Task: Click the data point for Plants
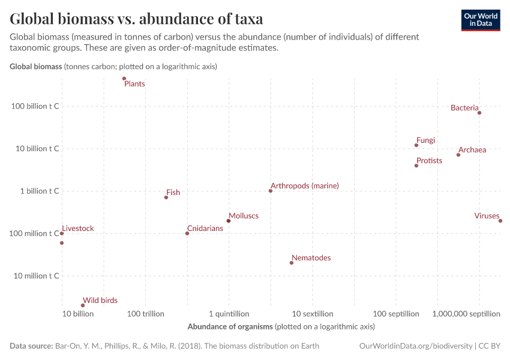124,79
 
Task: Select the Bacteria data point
479,113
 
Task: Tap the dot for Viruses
500,221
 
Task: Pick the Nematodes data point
292,263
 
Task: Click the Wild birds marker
83,305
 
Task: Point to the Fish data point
166,197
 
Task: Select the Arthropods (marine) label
305,186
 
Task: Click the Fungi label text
425,140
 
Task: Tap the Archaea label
472,150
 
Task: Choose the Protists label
429,161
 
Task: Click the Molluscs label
244,215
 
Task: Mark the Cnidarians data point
187,233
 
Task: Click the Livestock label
78,229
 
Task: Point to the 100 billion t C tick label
35,106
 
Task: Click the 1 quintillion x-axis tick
229,314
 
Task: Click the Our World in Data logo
480,20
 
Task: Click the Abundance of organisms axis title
281,327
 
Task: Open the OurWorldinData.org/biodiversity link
415,346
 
